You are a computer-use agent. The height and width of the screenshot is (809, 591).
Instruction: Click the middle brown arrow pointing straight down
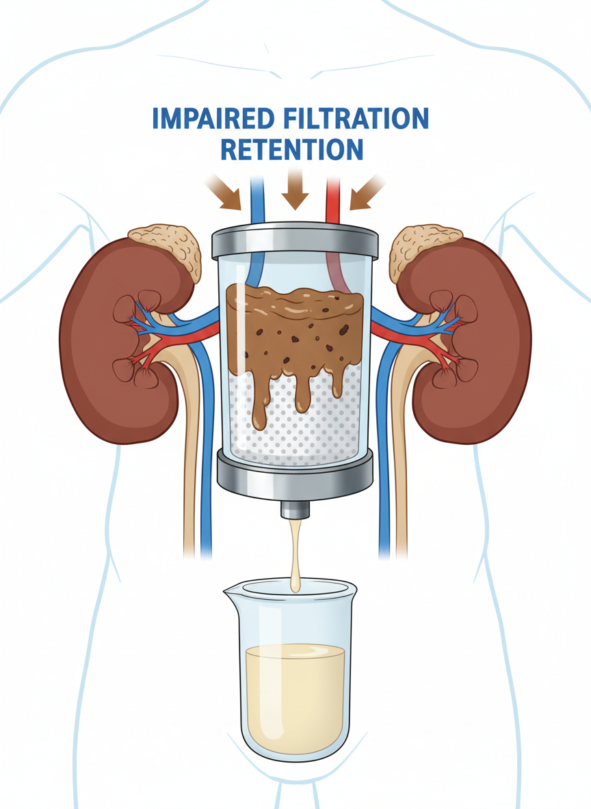click(295, 189)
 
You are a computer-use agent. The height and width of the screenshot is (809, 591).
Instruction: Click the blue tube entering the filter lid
click(257, 198)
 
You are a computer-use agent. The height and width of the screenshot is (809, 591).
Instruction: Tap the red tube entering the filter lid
click(334, 198)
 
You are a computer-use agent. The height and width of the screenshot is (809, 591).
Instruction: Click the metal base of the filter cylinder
click(295, 471)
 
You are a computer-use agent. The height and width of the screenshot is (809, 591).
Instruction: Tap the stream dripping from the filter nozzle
click(295, 553)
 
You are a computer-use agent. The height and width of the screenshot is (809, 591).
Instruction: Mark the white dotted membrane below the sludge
click(321, 430)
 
